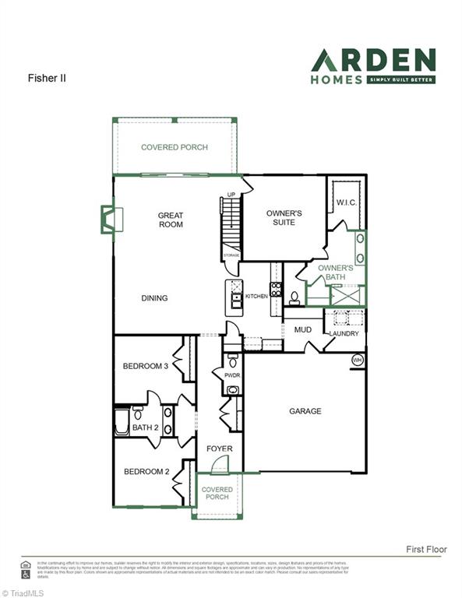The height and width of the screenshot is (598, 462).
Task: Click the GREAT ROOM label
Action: [171, 220]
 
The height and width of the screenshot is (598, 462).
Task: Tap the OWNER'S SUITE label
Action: [284, 217]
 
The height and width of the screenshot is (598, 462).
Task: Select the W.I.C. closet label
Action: [346, 203]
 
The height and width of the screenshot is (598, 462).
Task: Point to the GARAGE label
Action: [305, 411]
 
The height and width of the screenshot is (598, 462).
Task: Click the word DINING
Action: [154, 298]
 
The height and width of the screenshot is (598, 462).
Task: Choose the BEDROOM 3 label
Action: [146, 366]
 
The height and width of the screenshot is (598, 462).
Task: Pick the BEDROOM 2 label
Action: [146, 471]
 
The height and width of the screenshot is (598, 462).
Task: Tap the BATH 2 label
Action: [146, 427]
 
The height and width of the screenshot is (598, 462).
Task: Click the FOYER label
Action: [219, 449]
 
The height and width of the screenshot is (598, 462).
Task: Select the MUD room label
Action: [302, 329]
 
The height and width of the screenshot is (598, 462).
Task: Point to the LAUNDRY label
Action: [344, 334]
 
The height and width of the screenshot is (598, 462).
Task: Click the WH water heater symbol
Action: [358, 360]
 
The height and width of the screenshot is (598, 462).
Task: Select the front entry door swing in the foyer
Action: [220, 465]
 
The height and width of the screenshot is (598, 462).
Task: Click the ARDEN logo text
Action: [373, 60]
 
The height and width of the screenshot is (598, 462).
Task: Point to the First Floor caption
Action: [426, 549]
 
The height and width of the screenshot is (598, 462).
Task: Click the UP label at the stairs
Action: [231, 195]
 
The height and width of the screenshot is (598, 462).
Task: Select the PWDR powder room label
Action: [232, 375]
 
